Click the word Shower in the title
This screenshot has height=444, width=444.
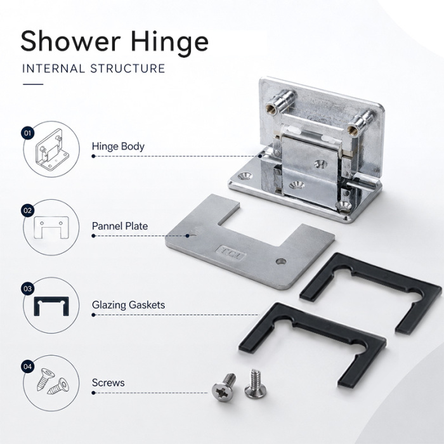pyautogui.click(x=71, y=41)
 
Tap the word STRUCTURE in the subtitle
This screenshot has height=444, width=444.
pyautogui.click(x=127, y=69)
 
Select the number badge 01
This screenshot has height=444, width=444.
pyautogui.click(x=28, y=133)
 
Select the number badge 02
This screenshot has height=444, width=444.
pyautogui.click(x=28, y=211)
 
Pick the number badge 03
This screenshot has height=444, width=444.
pyautogui.click(x=28, y=289)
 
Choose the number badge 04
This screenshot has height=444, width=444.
pyautogui.click(x=28, y=367)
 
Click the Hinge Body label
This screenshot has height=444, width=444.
pyautogui.click(x=118, y=147)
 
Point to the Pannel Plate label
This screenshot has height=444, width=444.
pyautogui.click(x=120, y=226)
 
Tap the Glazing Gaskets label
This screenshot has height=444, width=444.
pyautogui.click(x=128, y=305)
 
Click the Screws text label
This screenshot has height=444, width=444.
pyautogui.click(x=108, y=383)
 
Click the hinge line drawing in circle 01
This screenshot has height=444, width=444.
pyautogui.click(x=53, y=150)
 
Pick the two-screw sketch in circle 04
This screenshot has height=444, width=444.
pyautogui.click(x=53, y=381)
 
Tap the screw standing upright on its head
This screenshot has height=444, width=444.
pyautogui.click(x=255, y=384)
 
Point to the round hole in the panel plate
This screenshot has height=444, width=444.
pyautogui.click(x=280, y=261)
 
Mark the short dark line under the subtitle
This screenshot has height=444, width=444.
pyautogui.click(x=33, y=84)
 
